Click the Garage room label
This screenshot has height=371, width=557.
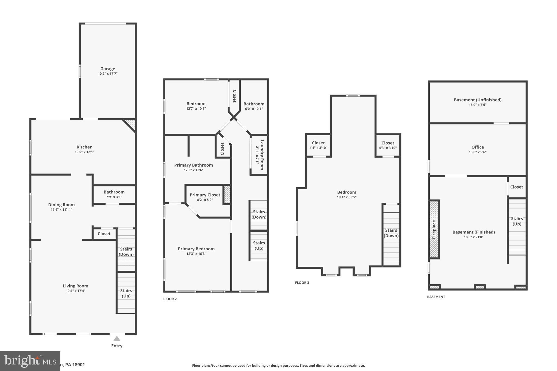[108, 69]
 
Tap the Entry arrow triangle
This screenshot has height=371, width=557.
[117, 338]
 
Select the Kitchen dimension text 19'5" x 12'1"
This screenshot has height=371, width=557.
[85, 152]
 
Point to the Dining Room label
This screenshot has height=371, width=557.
[61, 205]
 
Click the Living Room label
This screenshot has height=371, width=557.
[76, 286]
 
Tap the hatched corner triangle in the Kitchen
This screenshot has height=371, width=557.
[131, 124]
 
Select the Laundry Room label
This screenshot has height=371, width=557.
[262, 155]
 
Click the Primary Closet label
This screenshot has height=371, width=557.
[205, 195]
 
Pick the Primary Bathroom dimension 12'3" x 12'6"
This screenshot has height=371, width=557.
[194, 170]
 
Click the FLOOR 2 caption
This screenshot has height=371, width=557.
[170, 299]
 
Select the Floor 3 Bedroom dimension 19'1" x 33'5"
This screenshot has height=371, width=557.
[346, 197]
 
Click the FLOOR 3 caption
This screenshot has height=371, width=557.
[302, 283]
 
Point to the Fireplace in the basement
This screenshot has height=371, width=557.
[434, 229]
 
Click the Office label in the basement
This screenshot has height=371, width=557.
[478, 147]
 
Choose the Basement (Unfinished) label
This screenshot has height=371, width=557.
[478, 100]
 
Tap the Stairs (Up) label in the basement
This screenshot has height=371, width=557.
[517, 221]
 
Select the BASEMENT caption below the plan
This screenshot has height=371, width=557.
[436, 297]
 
